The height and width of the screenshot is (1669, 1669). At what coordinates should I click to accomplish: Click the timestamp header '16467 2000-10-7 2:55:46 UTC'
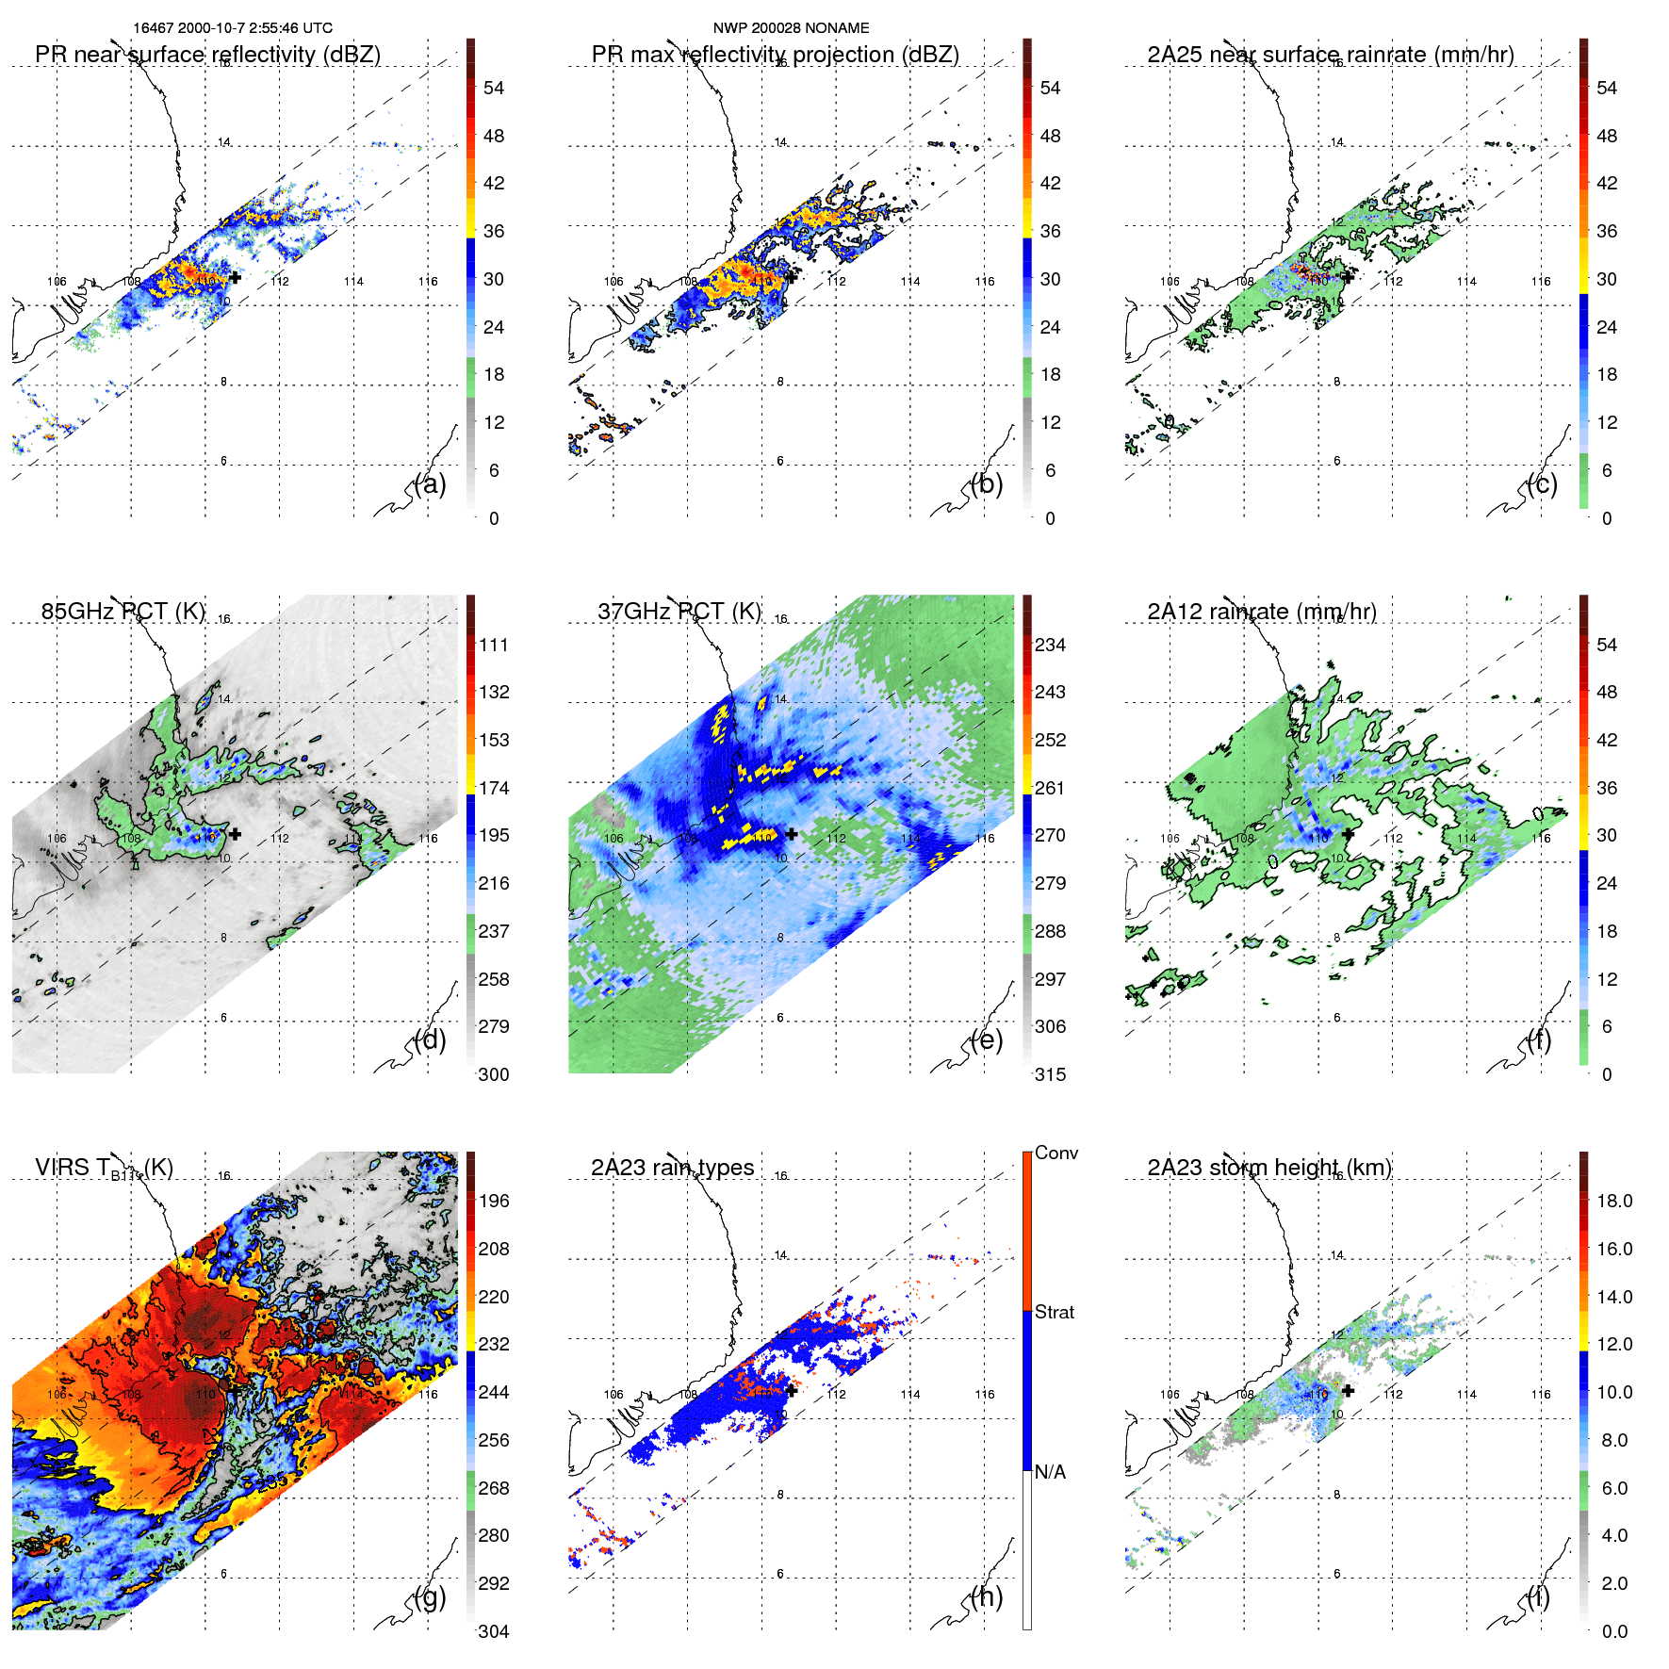(232, 28)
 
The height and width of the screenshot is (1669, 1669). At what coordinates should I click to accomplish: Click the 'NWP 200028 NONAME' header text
(791, 28)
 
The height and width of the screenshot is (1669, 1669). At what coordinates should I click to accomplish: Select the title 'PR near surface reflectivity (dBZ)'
(207, 55)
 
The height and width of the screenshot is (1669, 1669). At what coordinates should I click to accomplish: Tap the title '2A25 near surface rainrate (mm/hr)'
(1330, 55)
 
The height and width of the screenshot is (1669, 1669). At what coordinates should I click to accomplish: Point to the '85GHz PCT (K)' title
(123, 612)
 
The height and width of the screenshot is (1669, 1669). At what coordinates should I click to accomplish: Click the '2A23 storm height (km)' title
(1268, 1168)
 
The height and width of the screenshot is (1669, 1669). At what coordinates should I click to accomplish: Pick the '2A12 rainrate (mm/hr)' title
(1261, 612)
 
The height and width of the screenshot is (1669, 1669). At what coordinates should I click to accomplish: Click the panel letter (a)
(431, 484)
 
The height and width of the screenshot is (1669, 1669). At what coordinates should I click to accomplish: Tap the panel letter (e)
(987, 1040)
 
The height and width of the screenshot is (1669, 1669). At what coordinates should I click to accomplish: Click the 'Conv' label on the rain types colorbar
(1055, 1154)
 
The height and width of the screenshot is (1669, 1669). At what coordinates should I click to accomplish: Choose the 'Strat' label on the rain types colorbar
(1054, 1313)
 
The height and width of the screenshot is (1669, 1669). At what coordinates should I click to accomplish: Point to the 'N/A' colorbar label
(1050, 1472)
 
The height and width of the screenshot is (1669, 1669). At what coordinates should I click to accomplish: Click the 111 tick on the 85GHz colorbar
(494, 646)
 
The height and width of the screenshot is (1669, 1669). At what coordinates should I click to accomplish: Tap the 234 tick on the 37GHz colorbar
(1050, 646)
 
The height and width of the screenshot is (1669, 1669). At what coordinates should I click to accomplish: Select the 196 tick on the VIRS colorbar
(494, 1202)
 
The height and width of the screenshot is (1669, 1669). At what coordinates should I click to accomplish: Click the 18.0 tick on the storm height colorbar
(1613, 1202)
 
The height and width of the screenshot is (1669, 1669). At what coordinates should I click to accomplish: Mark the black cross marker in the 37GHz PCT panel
(792, 834)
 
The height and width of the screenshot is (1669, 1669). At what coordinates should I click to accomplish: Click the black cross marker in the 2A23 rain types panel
(792, 1390)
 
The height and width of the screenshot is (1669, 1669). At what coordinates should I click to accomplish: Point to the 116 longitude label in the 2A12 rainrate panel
(1541, 839)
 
